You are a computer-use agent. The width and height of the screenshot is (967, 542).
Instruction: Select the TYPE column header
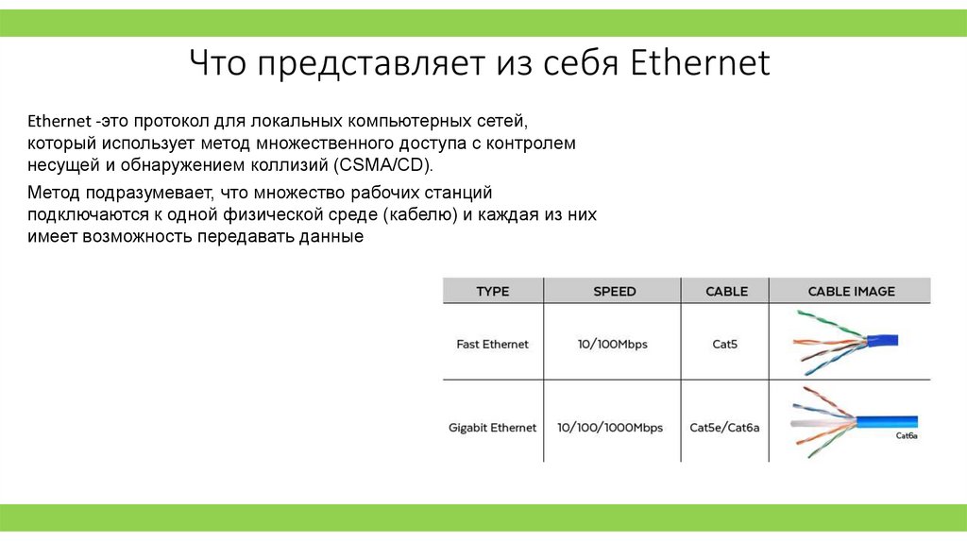pyautogui.click(x=492, y=292)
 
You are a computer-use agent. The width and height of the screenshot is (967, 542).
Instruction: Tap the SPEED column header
pyautogui.click(x=614, y=292)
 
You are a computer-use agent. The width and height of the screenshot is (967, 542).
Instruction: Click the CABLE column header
pyautogui.click(x=726, y=292)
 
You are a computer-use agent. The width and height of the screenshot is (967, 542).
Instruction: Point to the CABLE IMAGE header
pyautogui.click(x=851, y=292)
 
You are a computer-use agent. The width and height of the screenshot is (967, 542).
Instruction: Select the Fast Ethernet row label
pyautogui.click(x=492, y=345)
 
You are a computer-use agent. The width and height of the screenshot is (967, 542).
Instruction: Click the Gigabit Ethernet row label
pyautogui.click(x=492, y=428)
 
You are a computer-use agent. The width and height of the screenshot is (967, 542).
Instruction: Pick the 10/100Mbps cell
pyautogui.click(x=613, y=345)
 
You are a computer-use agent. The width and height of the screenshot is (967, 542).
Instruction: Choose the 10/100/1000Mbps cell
pyautogui.click(x=610, y=428)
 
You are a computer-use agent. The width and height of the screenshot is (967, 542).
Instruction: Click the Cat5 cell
pyautogui.click(x=724, y=345)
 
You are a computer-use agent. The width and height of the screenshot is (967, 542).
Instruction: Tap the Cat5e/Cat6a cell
pyautogui.click(x=724, y=428)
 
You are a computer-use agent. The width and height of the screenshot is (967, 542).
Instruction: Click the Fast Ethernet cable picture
pyautogui.click(x=845, y=342)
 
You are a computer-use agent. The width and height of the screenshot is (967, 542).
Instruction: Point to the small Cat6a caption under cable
pyautogui.click(x=906, y=437)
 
